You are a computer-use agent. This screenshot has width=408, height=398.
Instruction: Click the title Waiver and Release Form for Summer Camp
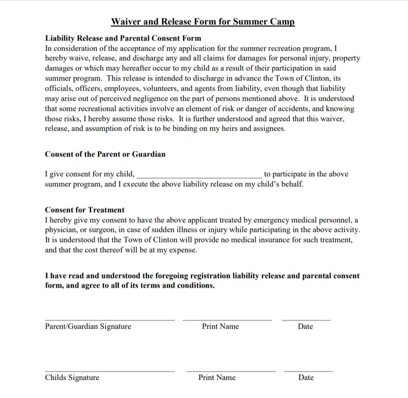click(x=202, y=22)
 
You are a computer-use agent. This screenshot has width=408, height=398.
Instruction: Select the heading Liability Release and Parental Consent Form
click(x=123, y=38)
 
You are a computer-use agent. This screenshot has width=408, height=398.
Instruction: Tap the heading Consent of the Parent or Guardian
click(x=105, y=154)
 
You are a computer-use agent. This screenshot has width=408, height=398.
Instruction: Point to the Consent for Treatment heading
click(x=85, y=210)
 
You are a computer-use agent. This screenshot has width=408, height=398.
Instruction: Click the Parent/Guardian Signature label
click(x=88, y=327)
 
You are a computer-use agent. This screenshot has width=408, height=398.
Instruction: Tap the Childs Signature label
click(x=72, y=378)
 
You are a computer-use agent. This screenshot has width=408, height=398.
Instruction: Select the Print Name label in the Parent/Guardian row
click(x=220, y=327)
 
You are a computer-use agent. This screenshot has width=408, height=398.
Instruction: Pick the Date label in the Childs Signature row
click(x=306, y=378)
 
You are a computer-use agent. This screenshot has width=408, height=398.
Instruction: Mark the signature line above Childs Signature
click(x=109, y=371)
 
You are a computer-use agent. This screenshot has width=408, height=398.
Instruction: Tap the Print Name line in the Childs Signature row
click(x=231, y=371)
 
